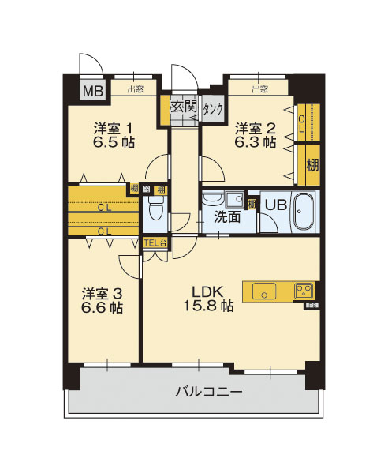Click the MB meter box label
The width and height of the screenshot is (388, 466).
click(x=94, y=89)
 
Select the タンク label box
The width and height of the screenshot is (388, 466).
click(x=212, y=109)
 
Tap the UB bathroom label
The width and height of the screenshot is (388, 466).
click(x=274, y=203)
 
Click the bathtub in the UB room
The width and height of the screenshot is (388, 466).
click(x=304, y=212)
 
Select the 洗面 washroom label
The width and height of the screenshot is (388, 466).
click(x=227, y=218)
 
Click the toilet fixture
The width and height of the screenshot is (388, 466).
click(x=155, y=211)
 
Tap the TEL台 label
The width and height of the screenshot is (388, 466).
click(x=155, y=243)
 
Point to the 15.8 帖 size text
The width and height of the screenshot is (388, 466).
click(x=208, y=306)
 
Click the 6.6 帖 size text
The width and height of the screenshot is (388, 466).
click(x=103, y=309)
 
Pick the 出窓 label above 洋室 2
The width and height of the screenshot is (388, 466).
click(x=259, y=89)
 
